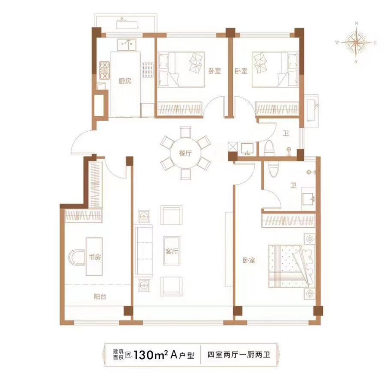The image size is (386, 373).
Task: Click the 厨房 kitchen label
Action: [125, 81]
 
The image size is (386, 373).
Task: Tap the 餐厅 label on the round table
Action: [185, 154]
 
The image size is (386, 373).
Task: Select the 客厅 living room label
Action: [172, 251]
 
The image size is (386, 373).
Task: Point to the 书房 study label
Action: [95, 257]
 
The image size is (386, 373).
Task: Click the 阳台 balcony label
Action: [100, 296]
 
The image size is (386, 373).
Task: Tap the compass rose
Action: [356, 42]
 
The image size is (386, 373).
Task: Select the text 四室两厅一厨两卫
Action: [239, 355]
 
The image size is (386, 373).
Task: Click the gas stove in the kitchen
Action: [104, 70]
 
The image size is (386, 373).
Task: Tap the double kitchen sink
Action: [127, 45]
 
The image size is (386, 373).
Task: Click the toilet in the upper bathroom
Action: [269, 148]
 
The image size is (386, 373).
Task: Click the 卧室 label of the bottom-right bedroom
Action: [249, 260]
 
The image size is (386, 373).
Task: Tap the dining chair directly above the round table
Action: [185, 132]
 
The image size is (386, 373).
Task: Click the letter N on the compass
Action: [356, 23]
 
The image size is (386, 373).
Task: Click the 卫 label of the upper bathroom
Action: [286, 133]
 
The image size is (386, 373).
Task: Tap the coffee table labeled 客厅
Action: [172, 251]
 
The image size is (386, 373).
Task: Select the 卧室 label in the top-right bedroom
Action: [241, 71]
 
